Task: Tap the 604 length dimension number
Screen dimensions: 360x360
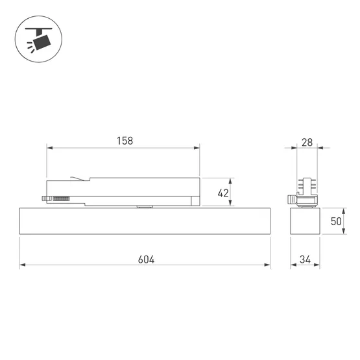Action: point(146,259)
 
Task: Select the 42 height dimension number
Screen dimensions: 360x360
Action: point(223,193)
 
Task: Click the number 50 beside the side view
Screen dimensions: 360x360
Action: point(336,221)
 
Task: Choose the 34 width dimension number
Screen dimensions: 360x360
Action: point(304,259)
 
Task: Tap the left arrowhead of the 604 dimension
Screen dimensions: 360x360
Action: point(23,265)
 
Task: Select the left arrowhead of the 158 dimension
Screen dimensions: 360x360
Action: point(50,148)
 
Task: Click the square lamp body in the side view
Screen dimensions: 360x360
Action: point(304,222)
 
